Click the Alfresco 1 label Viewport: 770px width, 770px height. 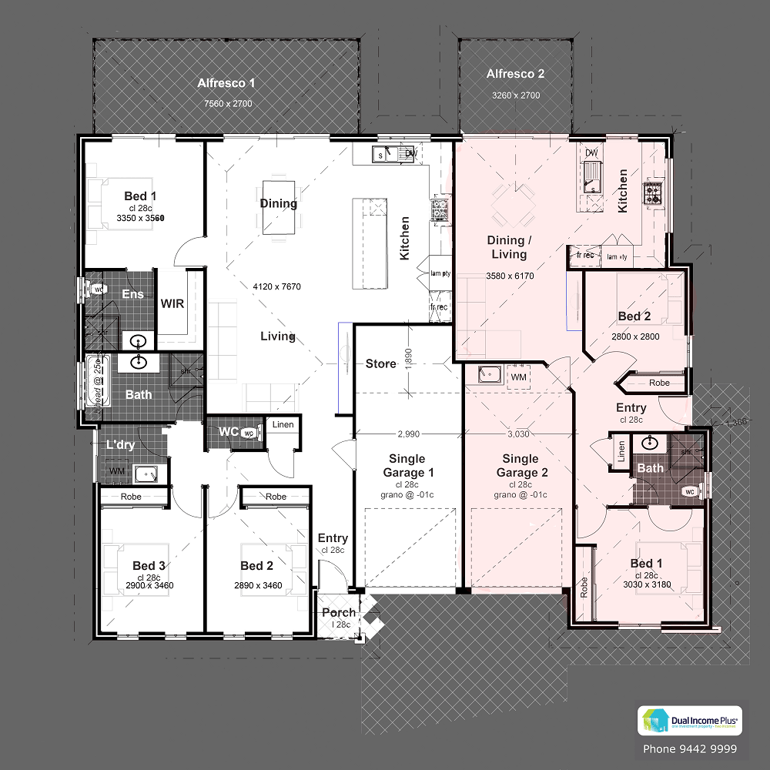point(226,83)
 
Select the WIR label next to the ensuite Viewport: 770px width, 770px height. point(172,303)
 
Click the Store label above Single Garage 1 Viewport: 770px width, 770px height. point(380,363)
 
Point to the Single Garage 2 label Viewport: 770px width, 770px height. point(521,466)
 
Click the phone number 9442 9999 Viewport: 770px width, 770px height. point(689,748)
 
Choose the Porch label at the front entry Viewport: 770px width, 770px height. point(339,613)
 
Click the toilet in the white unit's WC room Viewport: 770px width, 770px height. point(247,434)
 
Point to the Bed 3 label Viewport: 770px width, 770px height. point(149,566)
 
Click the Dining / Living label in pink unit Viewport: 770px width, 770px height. point(509,247)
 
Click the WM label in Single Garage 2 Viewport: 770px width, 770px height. point(518,377)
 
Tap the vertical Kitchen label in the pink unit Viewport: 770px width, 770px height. point(623,191)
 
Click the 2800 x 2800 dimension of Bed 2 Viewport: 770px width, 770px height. point(635,336)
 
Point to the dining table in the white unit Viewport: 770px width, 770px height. point(278,207)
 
